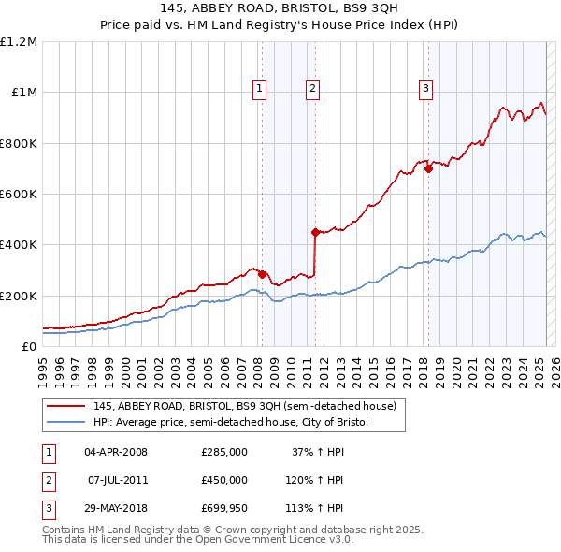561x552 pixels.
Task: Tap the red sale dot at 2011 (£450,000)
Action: coord(316,232)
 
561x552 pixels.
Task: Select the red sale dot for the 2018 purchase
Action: coord(428,169)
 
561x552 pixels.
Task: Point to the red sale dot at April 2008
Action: coord(263,274)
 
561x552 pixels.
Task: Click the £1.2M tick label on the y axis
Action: coord(19,42)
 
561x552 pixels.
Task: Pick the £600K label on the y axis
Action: coord(19,195)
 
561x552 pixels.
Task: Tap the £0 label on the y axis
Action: coord(29,346)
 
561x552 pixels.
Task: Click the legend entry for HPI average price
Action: coord(231,423)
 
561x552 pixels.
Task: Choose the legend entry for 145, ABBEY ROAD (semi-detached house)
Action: coord(245,406)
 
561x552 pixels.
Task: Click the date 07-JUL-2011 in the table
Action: coord(116,480)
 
